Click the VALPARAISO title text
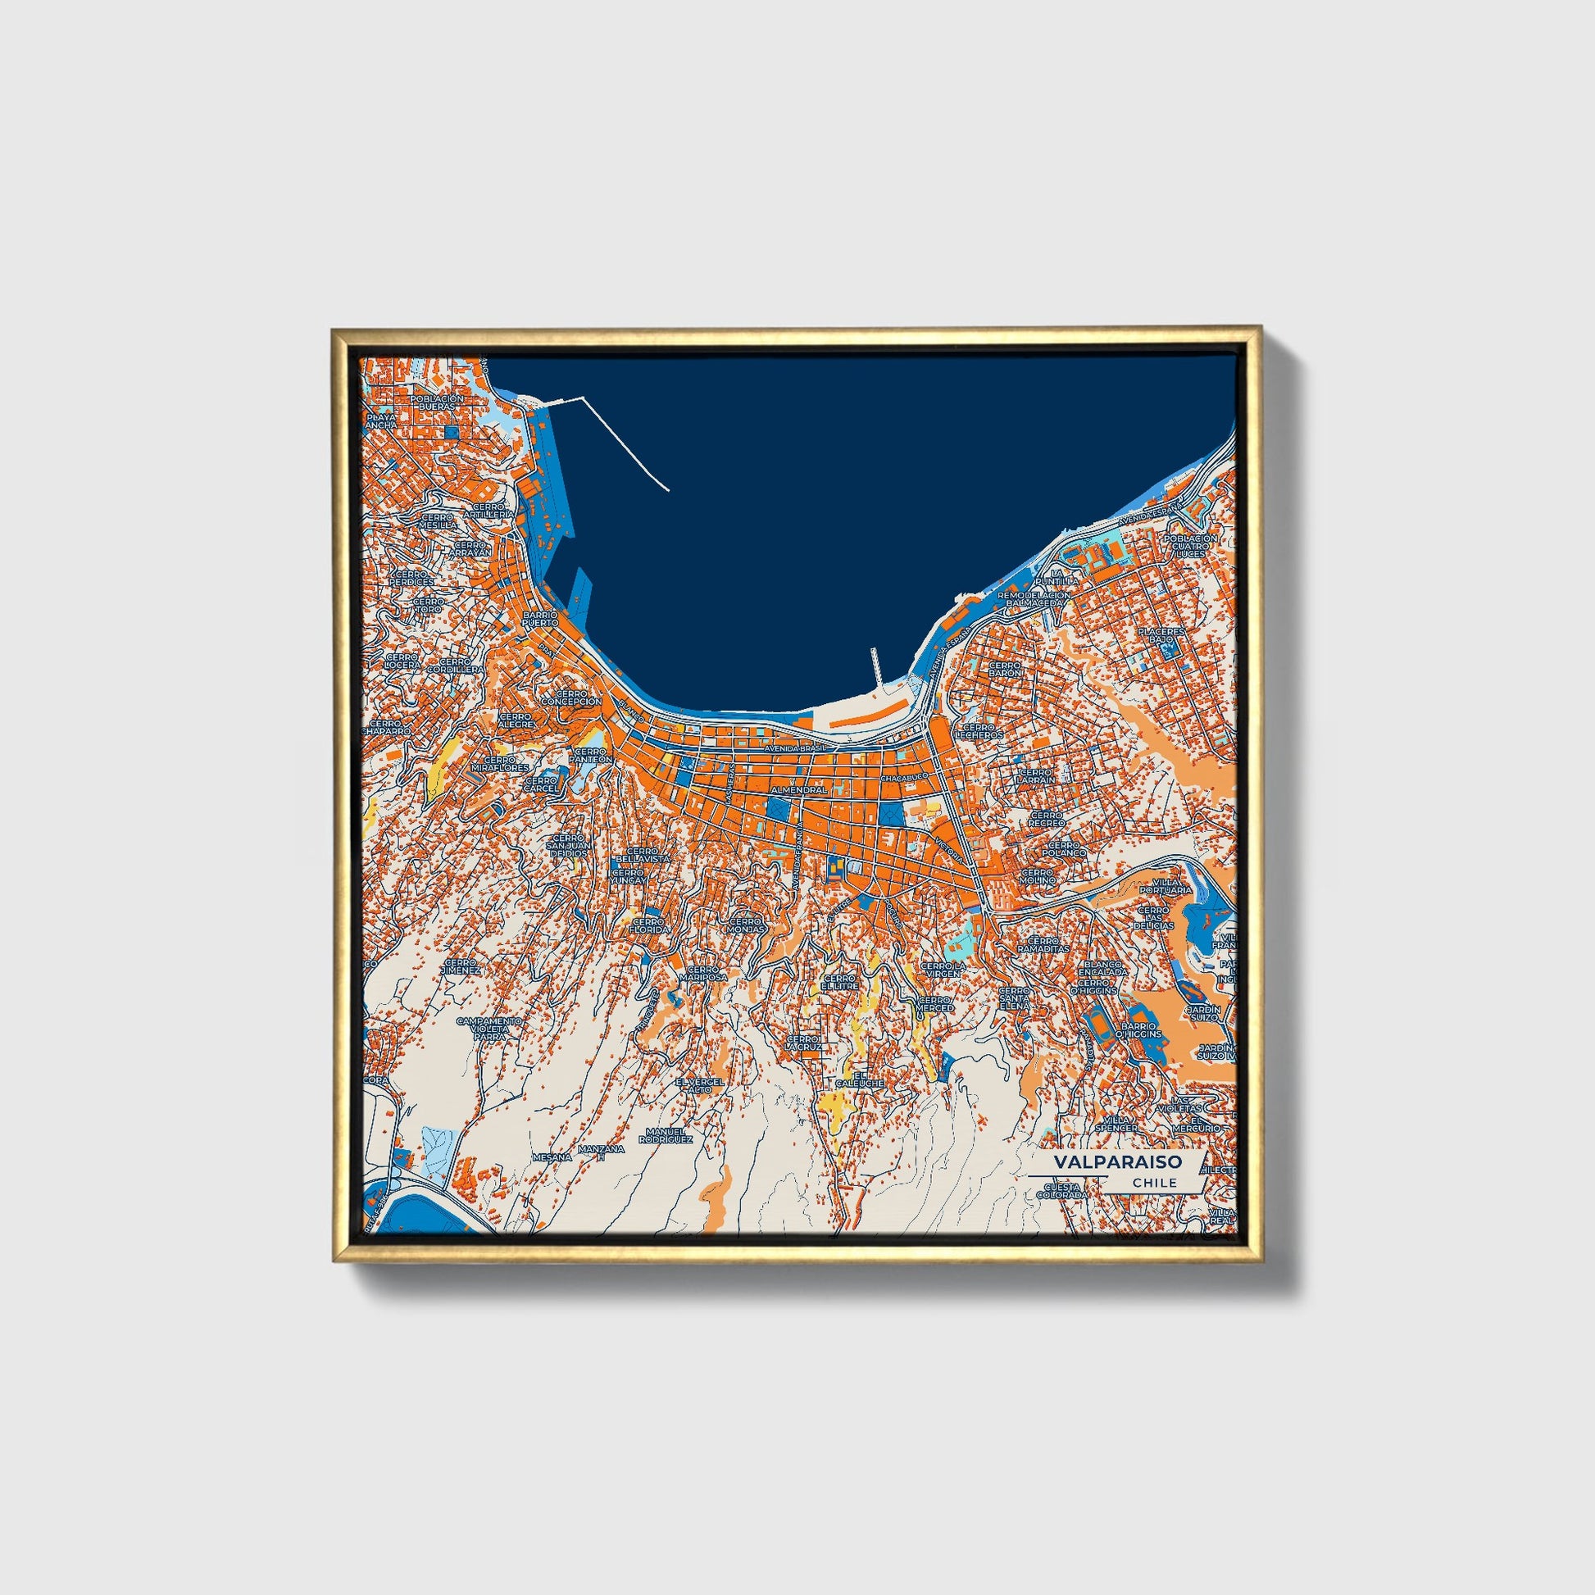(1117, 1161)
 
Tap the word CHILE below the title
(1155, 1183)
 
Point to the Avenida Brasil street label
(795, 749)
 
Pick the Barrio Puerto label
(541, 619)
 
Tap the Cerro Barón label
(1005, 668)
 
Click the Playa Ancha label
(381, 423)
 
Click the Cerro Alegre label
(516, 720)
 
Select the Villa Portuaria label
(1166, 887)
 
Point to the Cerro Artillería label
(488, 510)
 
